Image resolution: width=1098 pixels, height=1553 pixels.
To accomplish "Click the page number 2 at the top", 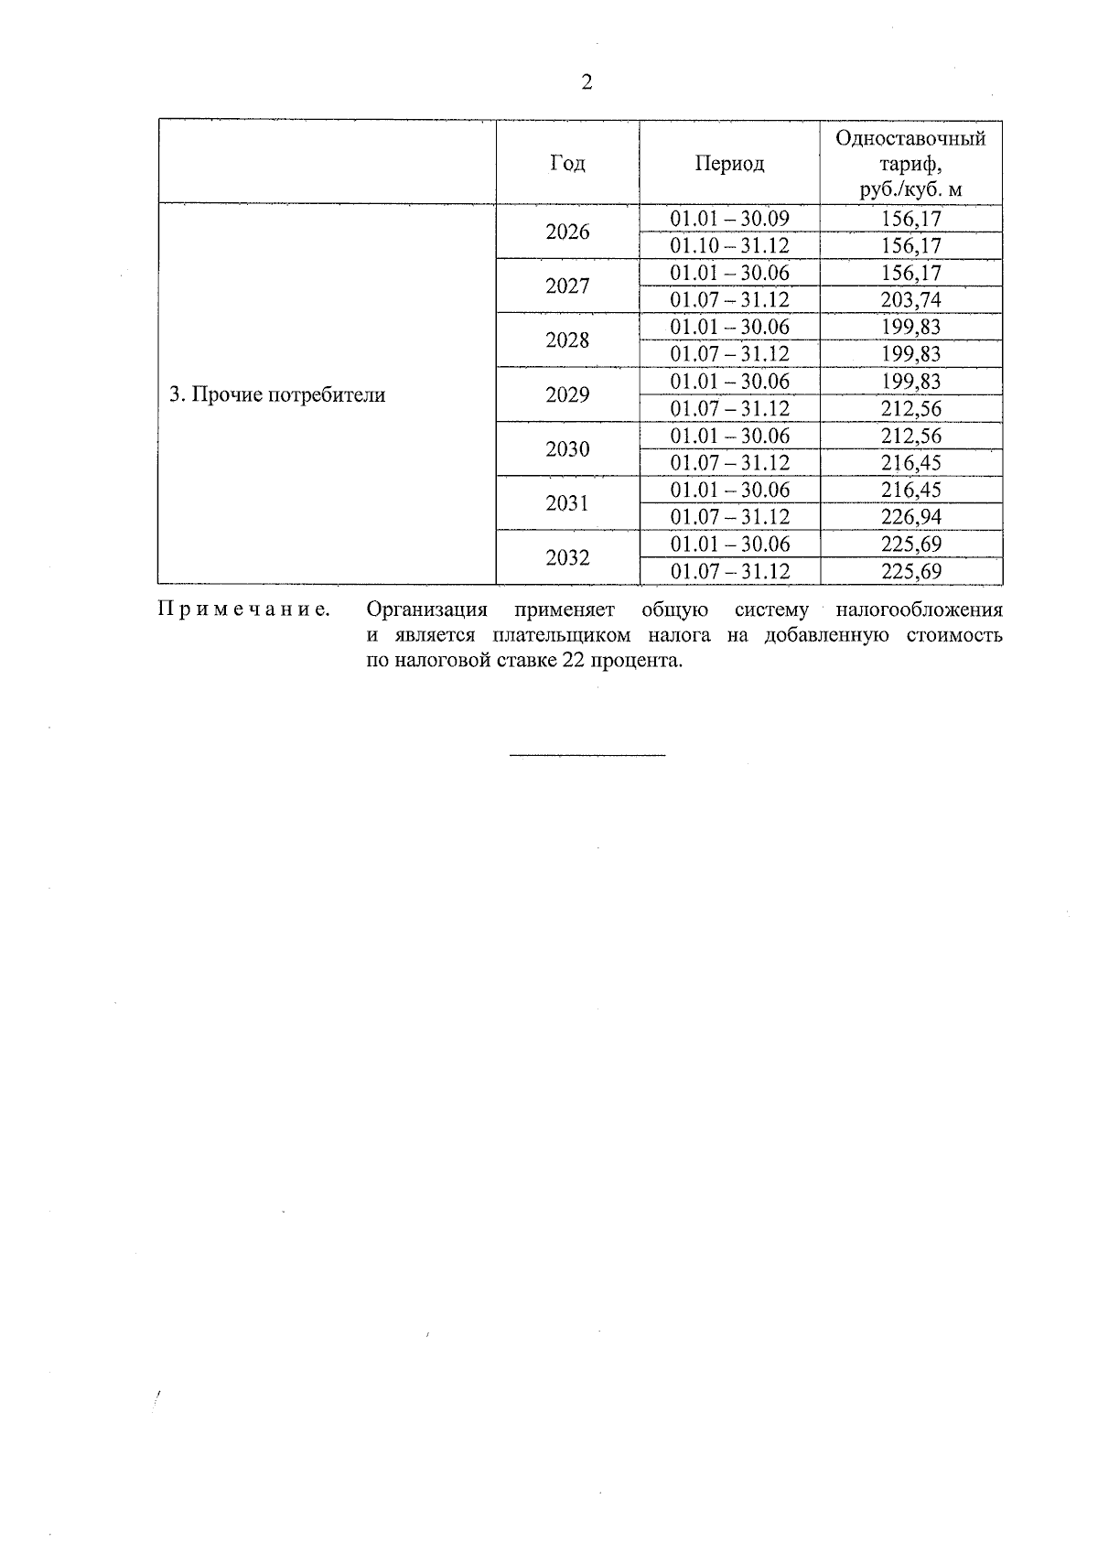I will click(587, 83).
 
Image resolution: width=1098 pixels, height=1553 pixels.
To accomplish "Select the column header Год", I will click(567, 164).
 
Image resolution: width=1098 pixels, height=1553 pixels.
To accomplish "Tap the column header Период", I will click(729, 164).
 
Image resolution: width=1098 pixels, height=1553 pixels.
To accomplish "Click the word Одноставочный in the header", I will click(910, 139).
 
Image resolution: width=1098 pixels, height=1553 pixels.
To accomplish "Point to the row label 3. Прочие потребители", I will click(277, 395).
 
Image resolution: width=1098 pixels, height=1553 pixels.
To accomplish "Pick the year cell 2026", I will click(567, 232).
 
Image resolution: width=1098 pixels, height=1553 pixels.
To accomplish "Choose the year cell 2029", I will click(567, 395).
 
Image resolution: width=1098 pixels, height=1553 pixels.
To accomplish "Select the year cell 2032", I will click(567, 558).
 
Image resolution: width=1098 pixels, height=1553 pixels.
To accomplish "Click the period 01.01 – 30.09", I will click(729, 219).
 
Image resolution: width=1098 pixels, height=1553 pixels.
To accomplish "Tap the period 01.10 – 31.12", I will click(729, 246).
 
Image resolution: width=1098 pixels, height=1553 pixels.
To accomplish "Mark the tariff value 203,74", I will click(910, 300).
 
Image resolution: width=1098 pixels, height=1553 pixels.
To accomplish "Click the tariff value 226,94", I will click(910, 517).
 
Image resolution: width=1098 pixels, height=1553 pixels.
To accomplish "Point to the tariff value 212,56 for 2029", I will click(910, 408).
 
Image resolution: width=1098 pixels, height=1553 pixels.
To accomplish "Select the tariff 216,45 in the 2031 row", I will click(910, 490).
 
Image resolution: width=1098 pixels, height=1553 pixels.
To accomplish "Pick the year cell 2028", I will click(567, 340).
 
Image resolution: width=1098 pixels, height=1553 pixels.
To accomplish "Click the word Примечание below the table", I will click(244, 610).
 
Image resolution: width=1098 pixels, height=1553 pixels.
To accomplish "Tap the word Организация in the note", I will click(426, 610).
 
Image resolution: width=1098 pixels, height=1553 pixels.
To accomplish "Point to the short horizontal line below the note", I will click(587, 755).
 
